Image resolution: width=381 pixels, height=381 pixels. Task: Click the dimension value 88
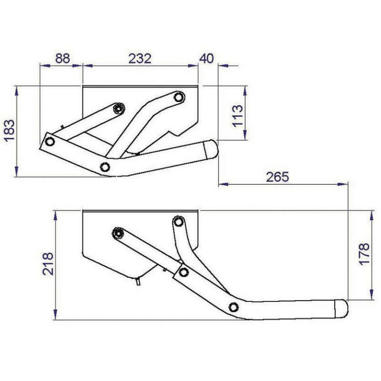coord(62,59)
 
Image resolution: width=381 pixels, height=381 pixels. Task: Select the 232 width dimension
coord(140,59)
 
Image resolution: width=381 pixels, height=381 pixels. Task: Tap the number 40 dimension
coord(207,59)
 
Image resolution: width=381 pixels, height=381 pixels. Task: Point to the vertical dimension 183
coord(10,131)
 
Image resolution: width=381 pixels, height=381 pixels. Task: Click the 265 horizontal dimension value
coord(278,177)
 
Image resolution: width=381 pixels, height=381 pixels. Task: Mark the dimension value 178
coord(363,254)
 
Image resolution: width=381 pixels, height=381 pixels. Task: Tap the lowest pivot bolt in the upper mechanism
coord(105,166)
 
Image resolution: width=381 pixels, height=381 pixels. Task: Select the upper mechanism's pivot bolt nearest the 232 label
coord(178,97)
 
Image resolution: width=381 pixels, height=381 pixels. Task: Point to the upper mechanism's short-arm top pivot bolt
coord(118,108)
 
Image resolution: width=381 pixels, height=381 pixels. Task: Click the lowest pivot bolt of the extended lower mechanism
coord(233,306)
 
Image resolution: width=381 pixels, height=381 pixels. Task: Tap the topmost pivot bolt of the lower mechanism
coord(179,221)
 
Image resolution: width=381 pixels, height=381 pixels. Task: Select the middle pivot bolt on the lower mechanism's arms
coord(183,272)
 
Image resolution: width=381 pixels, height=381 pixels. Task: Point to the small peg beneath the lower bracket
coord(137,281)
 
